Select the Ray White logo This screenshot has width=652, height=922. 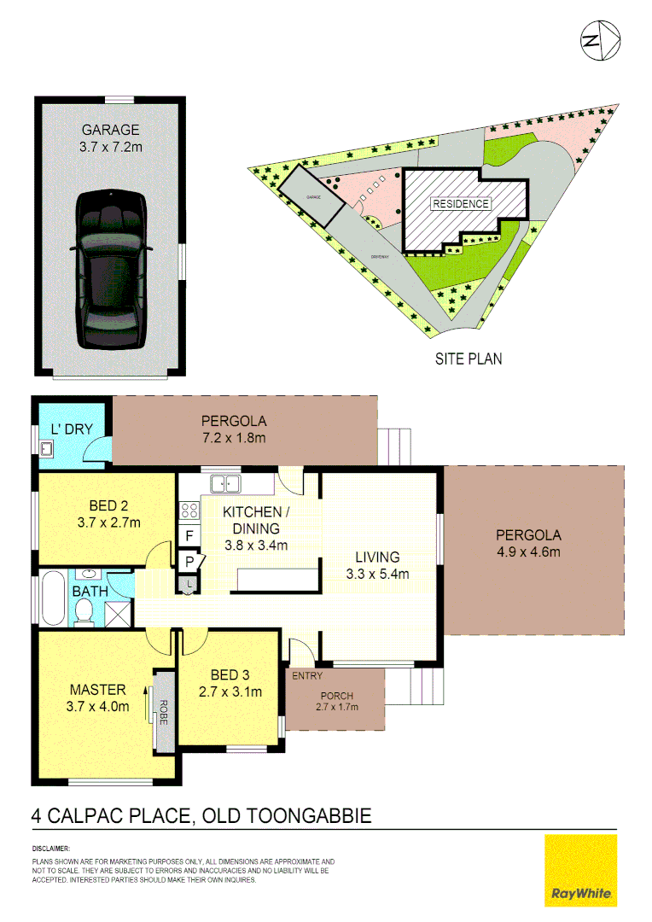tap(580, 870)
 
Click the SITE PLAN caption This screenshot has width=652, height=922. tap(468, 359)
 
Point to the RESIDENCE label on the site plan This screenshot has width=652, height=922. tap(461, 204)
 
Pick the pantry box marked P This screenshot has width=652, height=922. tap(189, 561)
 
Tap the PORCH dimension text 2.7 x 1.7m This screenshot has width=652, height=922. tap(336, 707)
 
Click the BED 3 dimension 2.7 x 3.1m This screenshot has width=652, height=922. tap(230, 691)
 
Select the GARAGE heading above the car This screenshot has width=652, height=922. tap(110, 131)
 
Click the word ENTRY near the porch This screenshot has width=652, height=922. tap(307, 676)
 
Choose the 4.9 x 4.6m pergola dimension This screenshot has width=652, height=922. tap(528, 551)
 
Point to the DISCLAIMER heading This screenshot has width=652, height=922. tap(54, 849)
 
